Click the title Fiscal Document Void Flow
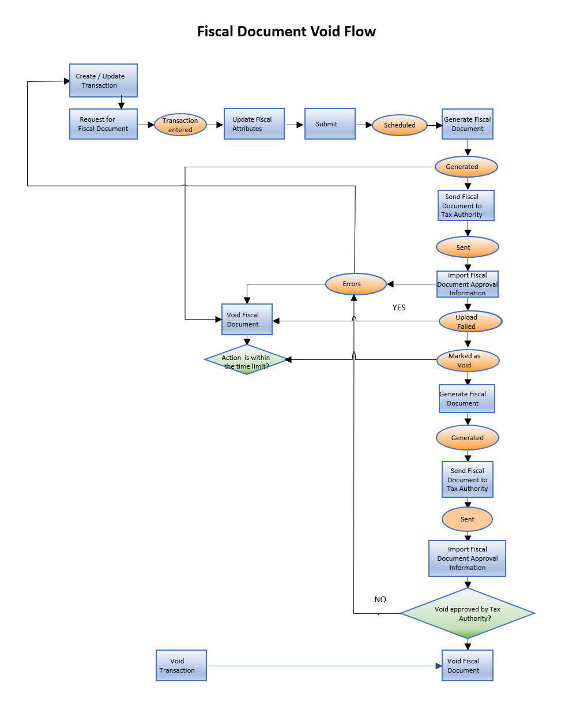286,32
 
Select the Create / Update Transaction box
103,81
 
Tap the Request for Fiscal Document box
103,124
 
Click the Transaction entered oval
180,125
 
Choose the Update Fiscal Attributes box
254,124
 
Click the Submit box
330,124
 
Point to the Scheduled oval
400,125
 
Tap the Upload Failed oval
470,321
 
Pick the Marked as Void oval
468,361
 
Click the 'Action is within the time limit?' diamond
246,361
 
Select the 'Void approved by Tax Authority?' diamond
467,613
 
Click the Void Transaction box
181,666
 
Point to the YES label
399,307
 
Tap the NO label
380,599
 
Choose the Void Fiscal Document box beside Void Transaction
467,666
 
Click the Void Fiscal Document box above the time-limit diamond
247,320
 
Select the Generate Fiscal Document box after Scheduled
468,124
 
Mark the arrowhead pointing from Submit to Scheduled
368,125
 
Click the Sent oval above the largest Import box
467,519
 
